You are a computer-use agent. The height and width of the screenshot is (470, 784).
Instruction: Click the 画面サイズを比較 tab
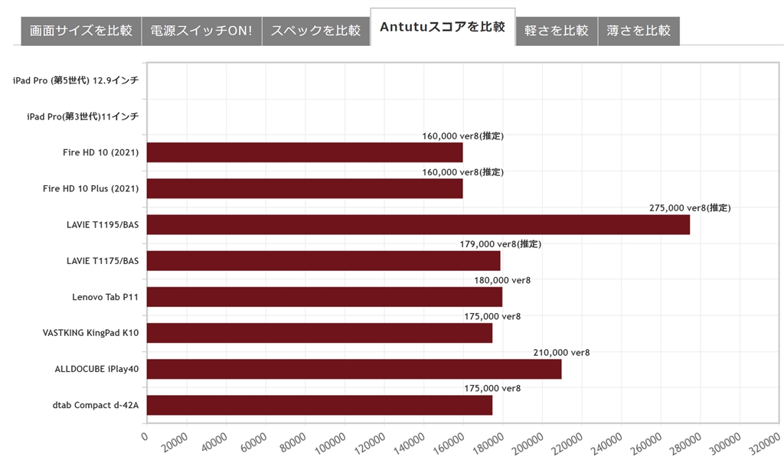pos(81,31)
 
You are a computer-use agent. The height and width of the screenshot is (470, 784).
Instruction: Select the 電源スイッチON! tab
pos(201,31)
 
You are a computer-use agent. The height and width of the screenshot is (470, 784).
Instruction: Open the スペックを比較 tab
pos(315,31)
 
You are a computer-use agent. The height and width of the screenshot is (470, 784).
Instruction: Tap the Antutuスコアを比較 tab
pos(443,28)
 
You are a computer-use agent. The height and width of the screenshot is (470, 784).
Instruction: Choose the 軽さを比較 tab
pos(557,31)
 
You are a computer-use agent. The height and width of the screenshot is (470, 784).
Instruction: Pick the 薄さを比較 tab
pos(639,31)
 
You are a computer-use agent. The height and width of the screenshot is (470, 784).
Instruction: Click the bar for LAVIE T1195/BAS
pos(418,224)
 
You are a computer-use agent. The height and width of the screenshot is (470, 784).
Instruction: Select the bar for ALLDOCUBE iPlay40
pos(354,369)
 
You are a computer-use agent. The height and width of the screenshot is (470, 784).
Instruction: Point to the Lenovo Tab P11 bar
pos(324,297)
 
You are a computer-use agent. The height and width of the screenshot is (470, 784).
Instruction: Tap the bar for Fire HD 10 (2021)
pos(304,152)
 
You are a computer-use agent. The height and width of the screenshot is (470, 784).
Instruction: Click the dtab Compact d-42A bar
pos(319,405)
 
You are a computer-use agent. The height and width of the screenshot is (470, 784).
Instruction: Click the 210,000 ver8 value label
pos(561,352)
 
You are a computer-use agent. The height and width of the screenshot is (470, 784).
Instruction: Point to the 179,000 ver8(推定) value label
pos(500,243)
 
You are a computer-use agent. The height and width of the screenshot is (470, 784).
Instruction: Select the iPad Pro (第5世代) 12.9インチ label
pos(76,80)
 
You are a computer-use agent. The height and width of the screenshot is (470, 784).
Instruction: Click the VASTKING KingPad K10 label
pos(91,333)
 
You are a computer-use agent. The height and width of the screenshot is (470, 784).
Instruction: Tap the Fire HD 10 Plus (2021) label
pos(90,188)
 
